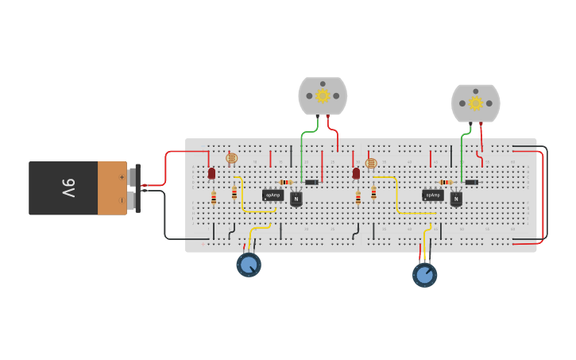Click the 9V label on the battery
(x=68, y=188)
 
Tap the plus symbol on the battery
(x=121, y=176)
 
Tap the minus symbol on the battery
(x=121, y=199)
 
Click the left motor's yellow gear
(x=323, y=95)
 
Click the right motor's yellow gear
(x=476, y=103)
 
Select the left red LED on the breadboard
(x=211, y=172)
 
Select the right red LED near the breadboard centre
(x=356, y=172)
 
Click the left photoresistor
(x=231, y=159)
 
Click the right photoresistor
(x=371, y=163)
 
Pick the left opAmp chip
(x=273, y=195)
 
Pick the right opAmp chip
(x=432, y=195)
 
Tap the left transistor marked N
(x=296, y=199)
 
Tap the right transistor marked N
(x=456, y=199)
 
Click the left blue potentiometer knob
(x=249, y=264)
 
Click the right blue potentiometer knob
(x=425, y=275)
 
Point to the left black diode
(x=311, y=182)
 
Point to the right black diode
(x=471, y=182)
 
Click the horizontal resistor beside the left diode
(x=286, y=182)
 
